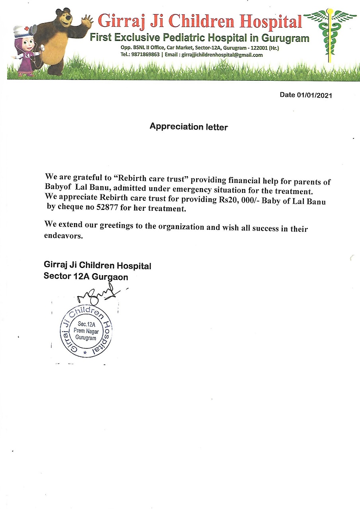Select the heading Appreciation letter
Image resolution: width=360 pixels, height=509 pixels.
tap(189, 127)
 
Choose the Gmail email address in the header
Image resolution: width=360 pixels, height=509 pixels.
tap(222, 55)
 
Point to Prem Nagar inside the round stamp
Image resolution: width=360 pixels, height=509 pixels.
tap(86, 331)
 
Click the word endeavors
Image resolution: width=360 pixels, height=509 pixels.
tap(63, 235)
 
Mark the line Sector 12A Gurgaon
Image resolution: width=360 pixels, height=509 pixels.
tap(86, 276)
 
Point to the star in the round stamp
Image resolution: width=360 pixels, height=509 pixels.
tap(85, 352)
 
